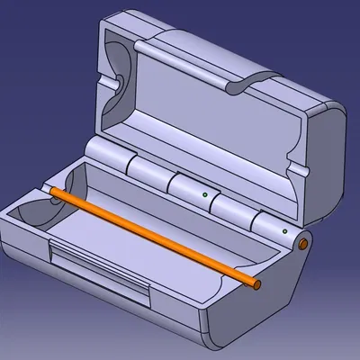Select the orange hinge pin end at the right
coord(304,244)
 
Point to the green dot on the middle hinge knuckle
coord(205,193)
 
